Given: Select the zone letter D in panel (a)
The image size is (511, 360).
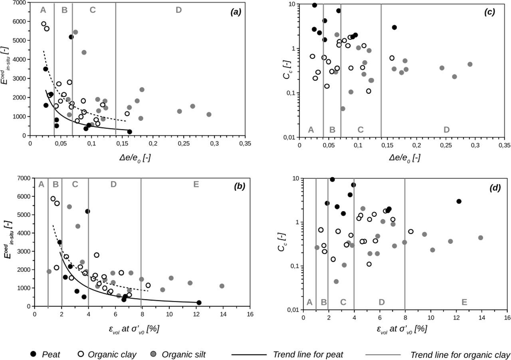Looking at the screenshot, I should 178,10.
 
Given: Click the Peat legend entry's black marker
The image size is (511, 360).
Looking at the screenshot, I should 34,343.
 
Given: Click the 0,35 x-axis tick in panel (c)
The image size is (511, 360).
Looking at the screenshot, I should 504,144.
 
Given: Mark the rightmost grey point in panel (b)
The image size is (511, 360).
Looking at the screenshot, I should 222,286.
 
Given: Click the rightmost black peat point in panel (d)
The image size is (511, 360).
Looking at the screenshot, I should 459,201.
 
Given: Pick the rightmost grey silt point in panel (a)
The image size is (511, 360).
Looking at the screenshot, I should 209,115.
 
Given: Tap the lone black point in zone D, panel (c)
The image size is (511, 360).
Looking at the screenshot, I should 394,27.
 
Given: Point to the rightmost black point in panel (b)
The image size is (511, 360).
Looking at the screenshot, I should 199,303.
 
